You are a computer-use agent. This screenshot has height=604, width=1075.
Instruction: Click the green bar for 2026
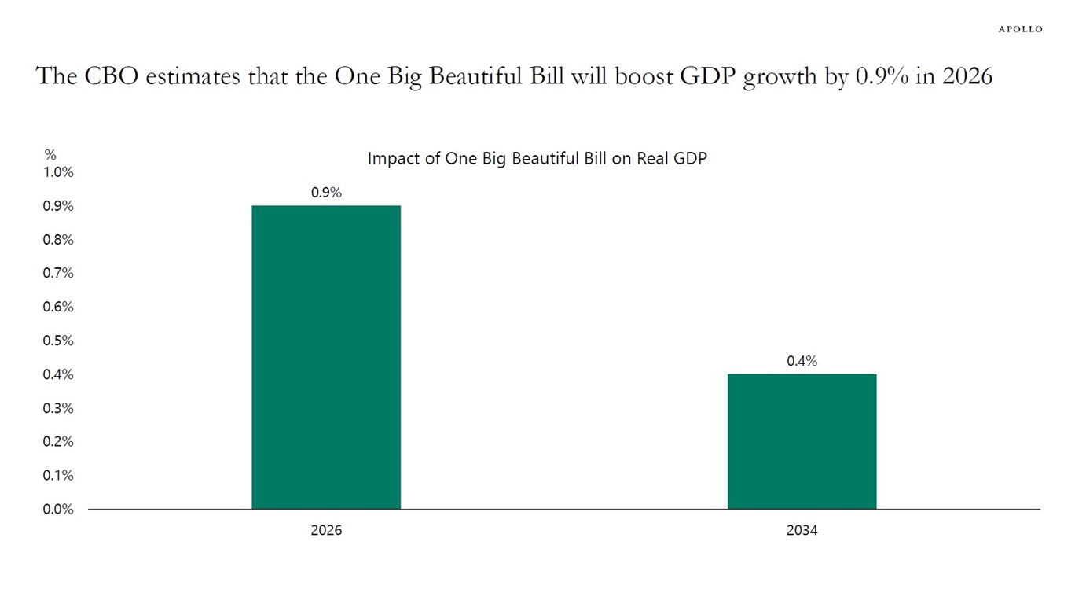coord(326,357)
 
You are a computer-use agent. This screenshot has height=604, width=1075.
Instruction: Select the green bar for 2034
coord(802,441)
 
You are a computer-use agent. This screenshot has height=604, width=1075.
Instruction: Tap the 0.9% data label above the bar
coord(326,192)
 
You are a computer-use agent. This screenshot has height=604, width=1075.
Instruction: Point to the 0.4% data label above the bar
coord(802,361)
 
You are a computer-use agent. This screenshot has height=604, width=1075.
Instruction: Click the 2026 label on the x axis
coord(326,530)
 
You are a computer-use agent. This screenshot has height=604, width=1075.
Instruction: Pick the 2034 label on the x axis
coord(802,530)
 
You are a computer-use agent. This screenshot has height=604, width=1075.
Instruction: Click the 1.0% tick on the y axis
coord(58,172)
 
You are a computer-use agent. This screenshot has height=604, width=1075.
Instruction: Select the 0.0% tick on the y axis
coord(58,509)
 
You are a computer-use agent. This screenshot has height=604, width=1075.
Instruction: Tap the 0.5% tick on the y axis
coord(58,341)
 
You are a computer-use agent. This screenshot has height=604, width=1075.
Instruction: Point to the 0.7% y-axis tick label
coord(58,273)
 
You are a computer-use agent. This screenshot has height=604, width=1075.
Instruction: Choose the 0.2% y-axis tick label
coord(58,441)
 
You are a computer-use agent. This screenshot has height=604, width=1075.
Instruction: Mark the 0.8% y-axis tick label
coord(58,240)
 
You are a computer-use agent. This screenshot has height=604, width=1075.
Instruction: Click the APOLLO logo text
coord(1020,29)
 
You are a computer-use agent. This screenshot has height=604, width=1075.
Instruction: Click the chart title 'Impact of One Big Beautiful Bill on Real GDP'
coord(537,158)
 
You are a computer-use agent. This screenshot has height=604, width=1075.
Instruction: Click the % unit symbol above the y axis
coord(50,155)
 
